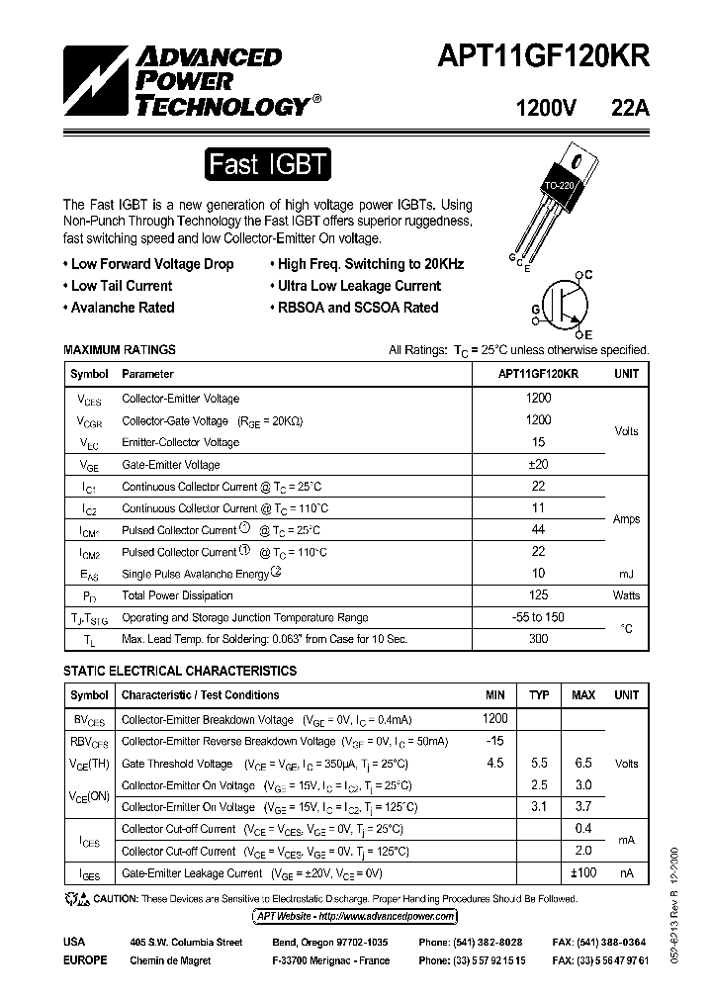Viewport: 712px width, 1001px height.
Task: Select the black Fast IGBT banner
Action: [267, 164]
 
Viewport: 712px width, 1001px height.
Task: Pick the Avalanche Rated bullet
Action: [123, 308]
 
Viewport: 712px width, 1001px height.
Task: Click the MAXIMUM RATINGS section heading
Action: [120, 350]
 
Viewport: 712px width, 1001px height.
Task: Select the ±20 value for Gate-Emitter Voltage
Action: [539, 464]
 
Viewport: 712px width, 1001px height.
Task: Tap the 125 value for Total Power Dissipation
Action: [539, 595]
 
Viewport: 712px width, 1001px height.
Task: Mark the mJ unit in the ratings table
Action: [627, 574]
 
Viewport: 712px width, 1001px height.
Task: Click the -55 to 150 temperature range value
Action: [539, 617]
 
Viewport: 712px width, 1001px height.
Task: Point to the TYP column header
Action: [539, 695]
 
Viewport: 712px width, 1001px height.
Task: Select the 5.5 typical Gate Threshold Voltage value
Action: [539, 764]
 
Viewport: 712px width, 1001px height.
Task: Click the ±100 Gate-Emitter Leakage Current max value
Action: [582, 873]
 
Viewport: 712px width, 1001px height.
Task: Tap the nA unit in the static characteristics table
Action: [627, 873]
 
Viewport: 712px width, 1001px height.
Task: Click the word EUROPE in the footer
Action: [85, 960]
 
